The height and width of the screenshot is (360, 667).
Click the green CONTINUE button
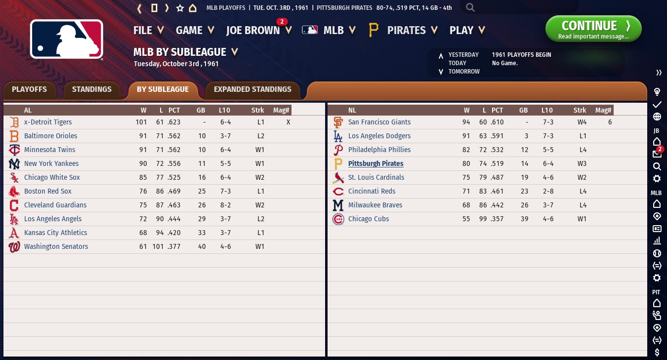pos(593,29)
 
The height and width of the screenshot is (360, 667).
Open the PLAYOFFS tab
pos(29,89)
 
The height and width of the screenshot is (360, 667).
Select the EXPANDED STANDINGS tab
pos(252,89)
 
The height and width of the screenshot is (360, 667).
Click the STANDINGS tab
pos(91,89)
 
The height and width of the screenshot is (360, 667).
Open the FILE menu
pos(148,30)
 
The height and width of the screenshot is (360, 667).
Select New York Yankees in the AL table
pos(51,163)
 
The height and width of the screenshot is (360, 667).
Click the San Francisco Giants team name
pos(379,122)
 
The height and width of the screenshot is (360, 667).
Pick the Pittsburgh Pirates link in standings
pos(375,163)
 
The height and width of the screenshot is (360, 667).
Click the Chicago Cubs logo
pos(338,219)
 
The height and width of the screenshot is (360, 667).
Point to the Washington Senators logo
pos(14,247)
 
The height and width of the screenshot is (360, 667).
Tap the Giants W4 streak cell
pos(582,122)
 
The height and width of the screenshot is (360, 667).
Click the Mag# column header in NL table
pos(603,110)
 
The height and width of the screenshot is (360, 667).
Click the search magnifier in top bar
pos(470,7)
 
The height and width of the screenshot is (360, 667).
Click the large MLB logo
pos(67,39)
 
